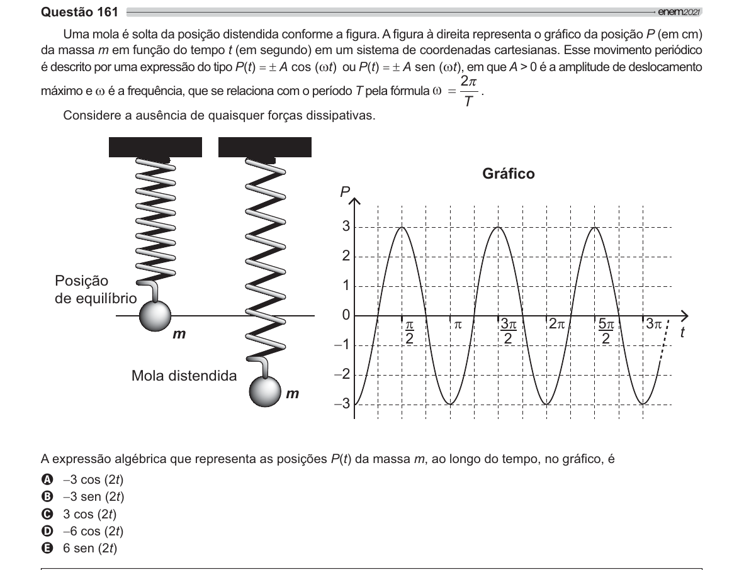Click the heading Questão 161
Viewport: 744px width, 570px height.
pos(79,12)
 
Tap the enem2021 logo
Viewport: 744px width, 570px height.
pos(679,13)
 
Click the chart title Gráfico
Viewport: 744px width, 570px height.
pos(508,174)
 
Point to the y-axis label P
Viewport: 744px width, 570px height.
pos(344,192)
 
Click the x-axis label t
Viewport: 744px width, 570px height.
pos(682,332)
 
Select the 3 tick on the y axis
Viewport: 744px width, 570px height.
pos(346,226)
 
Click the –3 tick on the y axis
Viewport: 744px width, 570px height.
pos(342,403)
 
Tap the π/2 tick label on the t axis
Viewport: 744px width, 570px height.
pos(409,332)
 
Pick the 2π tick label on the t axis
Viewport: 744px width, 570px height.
pos(557,325)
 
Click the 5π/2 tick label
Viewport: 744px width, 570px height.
pos(606,332)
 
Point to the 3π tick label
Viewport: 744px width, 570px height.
pos(654,325)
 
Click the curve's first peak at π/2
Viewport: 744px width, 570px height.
pos(402,227)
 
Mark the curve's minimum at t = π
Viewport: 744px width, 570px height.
pos(450,404)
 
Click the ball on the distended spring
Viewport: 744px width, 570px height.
pos(265,391)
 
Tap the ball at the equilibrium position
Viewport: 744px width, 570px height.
pos(155,315)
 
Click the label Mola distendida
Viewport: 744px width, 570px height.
pos(184,376)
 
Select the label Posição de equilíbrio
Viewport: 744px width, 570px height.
pos(96,289)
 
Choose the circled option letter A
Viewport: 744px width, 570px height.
pos(47,479)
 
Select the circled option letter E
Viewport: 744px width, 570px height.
pos(47,548)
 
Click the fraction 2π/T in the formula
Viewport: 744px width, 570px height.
pos(469,91)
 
